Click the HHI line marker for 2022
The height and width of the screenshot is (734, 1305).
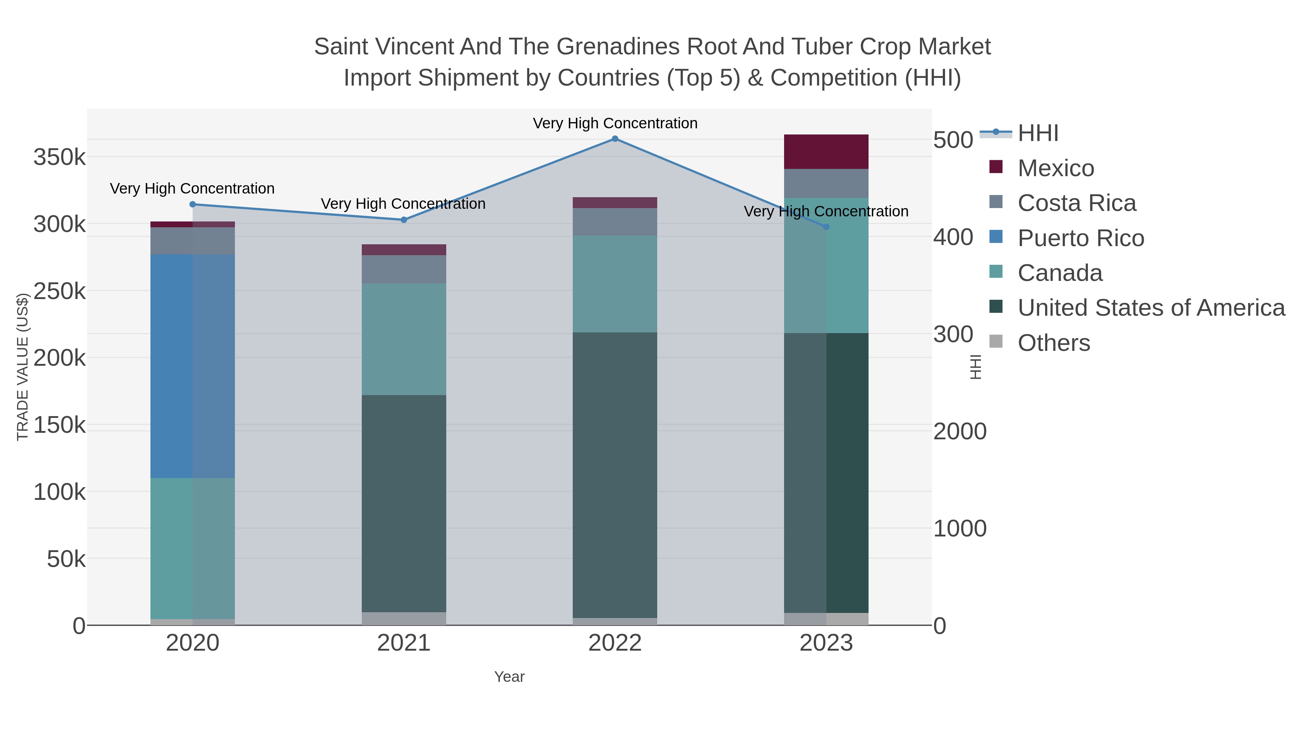tap(615, 139)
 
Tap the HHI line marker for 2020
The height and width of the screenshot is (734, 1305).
tap(192, 205)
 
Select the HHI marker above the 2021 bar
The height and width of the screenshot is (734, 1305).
tap(404, 220)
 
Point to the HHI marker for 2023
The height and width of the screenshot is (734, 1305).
tap(826, 227)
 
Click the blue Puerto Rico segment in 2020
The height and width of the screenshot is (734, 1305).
tap(172, 366)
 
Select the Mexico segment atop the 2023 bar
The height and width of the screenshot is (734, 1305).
tap(826, 152)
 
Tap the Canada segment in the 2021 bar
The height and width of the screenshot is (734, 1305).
tap(404, 339)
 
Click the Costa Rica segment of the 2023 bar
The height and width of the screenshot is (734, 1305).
tap(826, 183)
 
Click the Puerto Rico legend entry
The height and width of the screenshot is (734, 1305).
tap(1081, 238)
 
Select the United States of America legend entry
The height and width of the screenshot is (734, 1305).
tap(1151, 308)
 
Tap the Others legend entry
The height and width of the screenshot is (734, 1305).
tap(1054, 343)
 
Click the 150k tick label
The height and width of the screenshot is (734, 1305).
tap(60, 425)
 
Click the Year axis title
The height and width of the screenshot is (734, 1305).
tap(509, 677)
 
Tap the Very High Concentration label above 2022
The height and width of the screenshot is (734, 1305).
tap(615, 123)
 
